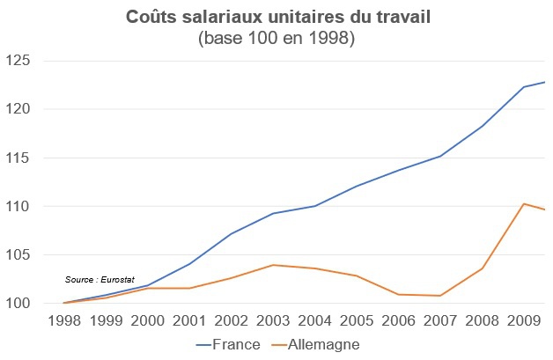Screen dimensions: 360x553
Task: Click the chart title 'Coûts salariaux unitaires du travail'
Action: coord(276,18)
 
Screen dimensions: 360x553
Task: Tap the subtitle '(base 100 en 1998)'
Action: coord(276,39)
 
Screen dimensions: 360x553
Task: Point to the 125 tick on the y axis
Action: coord(18,62)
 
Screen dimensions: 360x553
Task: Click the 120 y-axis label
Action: coord(18,110)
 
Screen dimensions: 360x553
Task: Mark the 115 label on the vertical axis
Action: coord(18,158)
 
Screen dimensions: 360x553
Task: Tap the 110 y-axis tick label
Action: coord(18,207)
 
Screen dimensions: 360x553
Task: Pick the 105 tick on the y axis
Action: coord(18,255)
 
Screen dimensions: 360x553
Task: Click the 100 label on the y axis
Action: coord(18,304)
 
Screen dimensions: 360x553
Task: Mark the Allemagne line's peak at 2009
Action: coord(524,204)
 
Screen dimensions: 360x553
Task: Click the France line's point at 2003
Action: coord(273,213)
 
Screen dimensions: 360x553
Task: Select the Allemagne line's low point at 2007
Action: coord(440,296)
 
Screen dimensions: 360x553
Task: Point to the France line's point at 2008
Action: coord(483,126)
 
